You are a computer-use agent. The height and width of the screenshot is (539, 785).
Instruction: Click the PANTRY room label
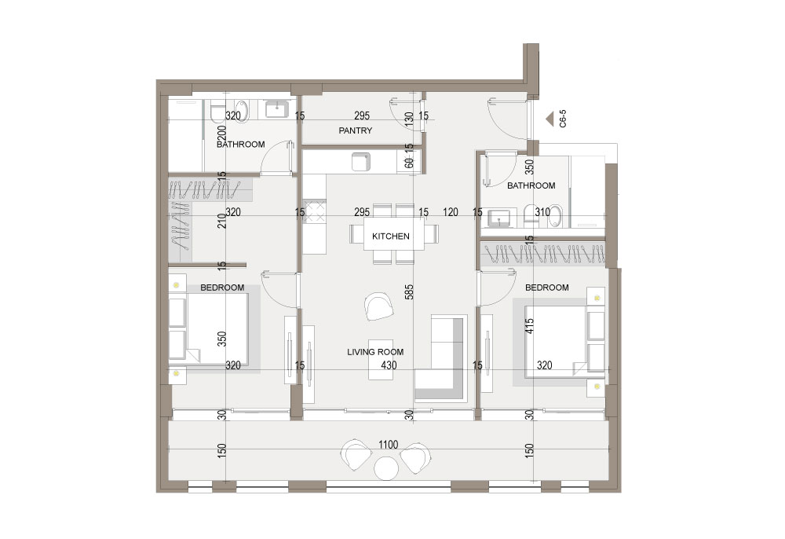[x=355, y=130]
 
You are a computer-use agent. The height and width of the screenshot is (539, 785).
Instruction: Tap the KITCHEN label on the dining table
[x=390, y=236]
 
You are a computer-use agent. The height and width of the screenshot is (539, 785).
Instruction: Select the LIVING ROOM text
[x=375, y=352]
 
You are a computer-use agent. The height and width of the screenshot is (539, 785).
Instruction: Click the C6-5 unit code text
[x=563, y=119]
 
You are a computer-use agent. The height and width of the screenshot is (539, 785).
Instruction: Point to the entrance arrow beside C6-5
[x=549, y=119]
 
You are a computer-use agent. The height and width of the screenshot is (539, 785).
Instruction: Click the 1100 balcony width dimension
[x=388, y=445]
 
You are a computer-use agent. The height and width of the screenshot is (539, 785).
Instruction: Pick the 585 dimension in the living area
[x=410, y=292]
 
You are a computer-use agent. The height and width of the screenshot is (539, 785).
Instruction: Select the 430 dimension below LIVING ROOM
[x=389, y=365]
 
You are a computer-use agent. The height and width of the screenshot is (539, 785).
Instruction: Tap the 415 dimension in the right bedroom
[x=530, y=326]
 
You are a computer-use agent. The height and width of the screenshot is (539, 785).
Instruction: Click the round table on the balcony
[x=386, y=468]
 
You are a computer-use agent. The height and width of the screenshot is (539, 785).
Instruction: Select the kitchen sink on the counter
[x=360, y=162]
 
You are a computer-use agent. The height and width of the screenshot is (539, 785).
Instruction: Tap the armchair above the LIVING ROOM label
[x=378, y=307]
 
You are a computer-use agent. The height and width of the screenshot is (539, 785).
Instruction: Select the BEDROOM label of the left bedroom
[x=222, y=288]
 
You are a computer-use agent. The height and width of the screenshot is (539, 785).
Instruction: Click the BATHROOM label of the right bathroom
[x=531, y=186]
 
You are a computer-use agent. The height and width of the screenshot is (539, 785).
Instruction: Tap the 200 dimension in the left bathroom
[x=223, y=133]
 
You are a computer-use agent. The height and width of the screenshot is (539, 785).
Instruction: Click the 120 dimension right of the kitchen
[x=451, y=212]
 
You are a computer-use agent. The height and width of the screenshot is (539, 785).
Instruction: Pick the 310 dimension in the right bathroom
[x=542, y=212]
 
